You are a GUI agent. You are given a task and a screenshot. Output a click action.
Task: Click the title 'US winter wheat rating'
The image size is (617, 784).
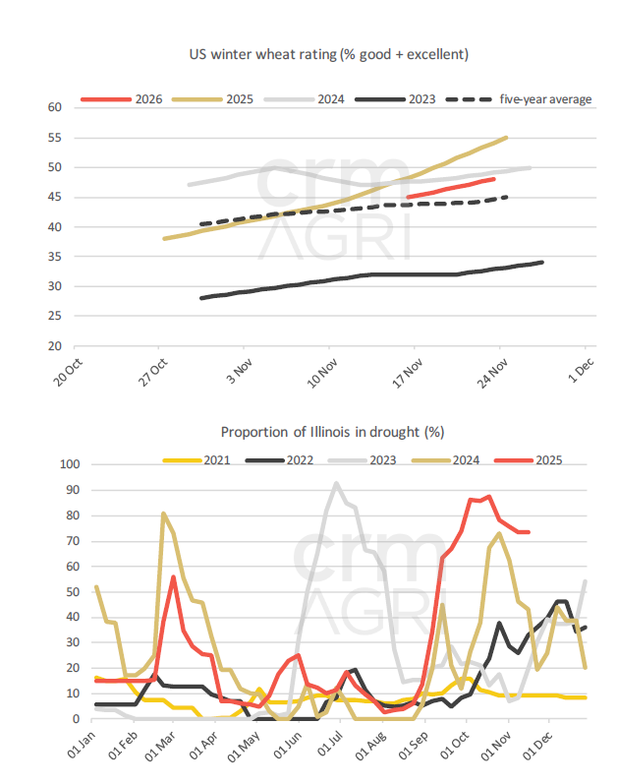coord(328,53)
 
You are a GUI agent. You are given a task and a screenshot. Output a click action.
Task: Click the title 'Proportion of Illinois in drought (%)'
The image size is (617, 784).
coord(328,431)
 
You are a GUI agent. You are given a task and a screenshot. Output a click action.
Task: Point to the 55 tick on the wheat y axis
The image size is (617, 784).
coord(54,137)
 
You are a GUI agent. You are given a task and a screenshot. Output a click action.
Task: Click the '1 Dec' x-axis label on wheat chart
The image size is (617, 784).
coord(574,369)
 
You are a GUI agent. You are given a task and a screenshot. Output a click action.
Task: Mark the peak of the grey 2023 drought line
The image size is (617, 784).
coord(336,483)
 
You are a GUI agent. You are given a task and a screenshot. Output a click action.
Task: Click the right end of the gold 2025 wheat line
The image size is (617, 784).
coord(506,138)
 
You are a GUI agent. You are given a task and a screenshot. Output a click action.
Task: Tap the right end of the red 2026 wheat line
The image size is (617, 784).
coord(494,179)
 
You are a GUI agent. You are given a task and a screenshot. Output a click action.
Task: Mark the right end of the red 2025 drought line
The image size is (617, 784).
coord(530,532)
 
